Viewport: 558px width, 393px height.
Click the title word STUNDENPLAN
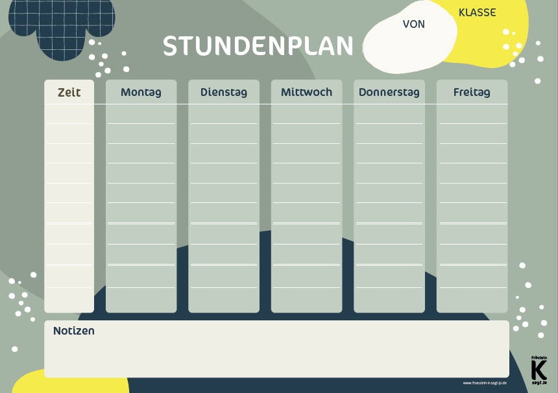258,46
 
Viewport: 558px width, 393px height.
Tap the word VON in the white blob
413,24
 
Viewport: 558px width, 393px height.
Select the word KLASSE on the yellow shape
477,12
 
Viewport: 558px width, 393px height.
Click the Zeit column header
69,92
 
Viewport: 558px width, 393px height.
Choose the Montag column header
141,92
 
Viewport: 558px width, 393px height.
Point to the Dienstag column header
223,92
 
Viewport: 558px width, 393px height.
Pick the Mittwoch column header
306,92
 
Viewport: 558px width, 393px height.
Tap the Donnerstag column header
389,92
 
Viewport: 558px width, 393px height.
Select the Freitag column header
472,92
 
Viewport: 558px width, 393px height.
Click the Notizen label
74,331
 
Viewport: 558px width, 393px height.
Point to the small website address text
485,383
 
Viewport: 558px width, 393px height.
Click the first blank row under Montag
141,113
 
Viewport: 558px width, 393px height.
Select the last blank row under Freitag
472,298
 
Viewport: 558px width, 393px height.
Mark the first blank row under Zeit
69,113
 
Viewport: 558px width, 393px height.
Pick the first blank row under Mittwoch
306,113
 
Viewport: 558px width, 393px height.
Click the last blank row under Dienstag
223,298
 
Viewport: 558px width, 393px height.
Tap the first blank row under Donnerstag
389,113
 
